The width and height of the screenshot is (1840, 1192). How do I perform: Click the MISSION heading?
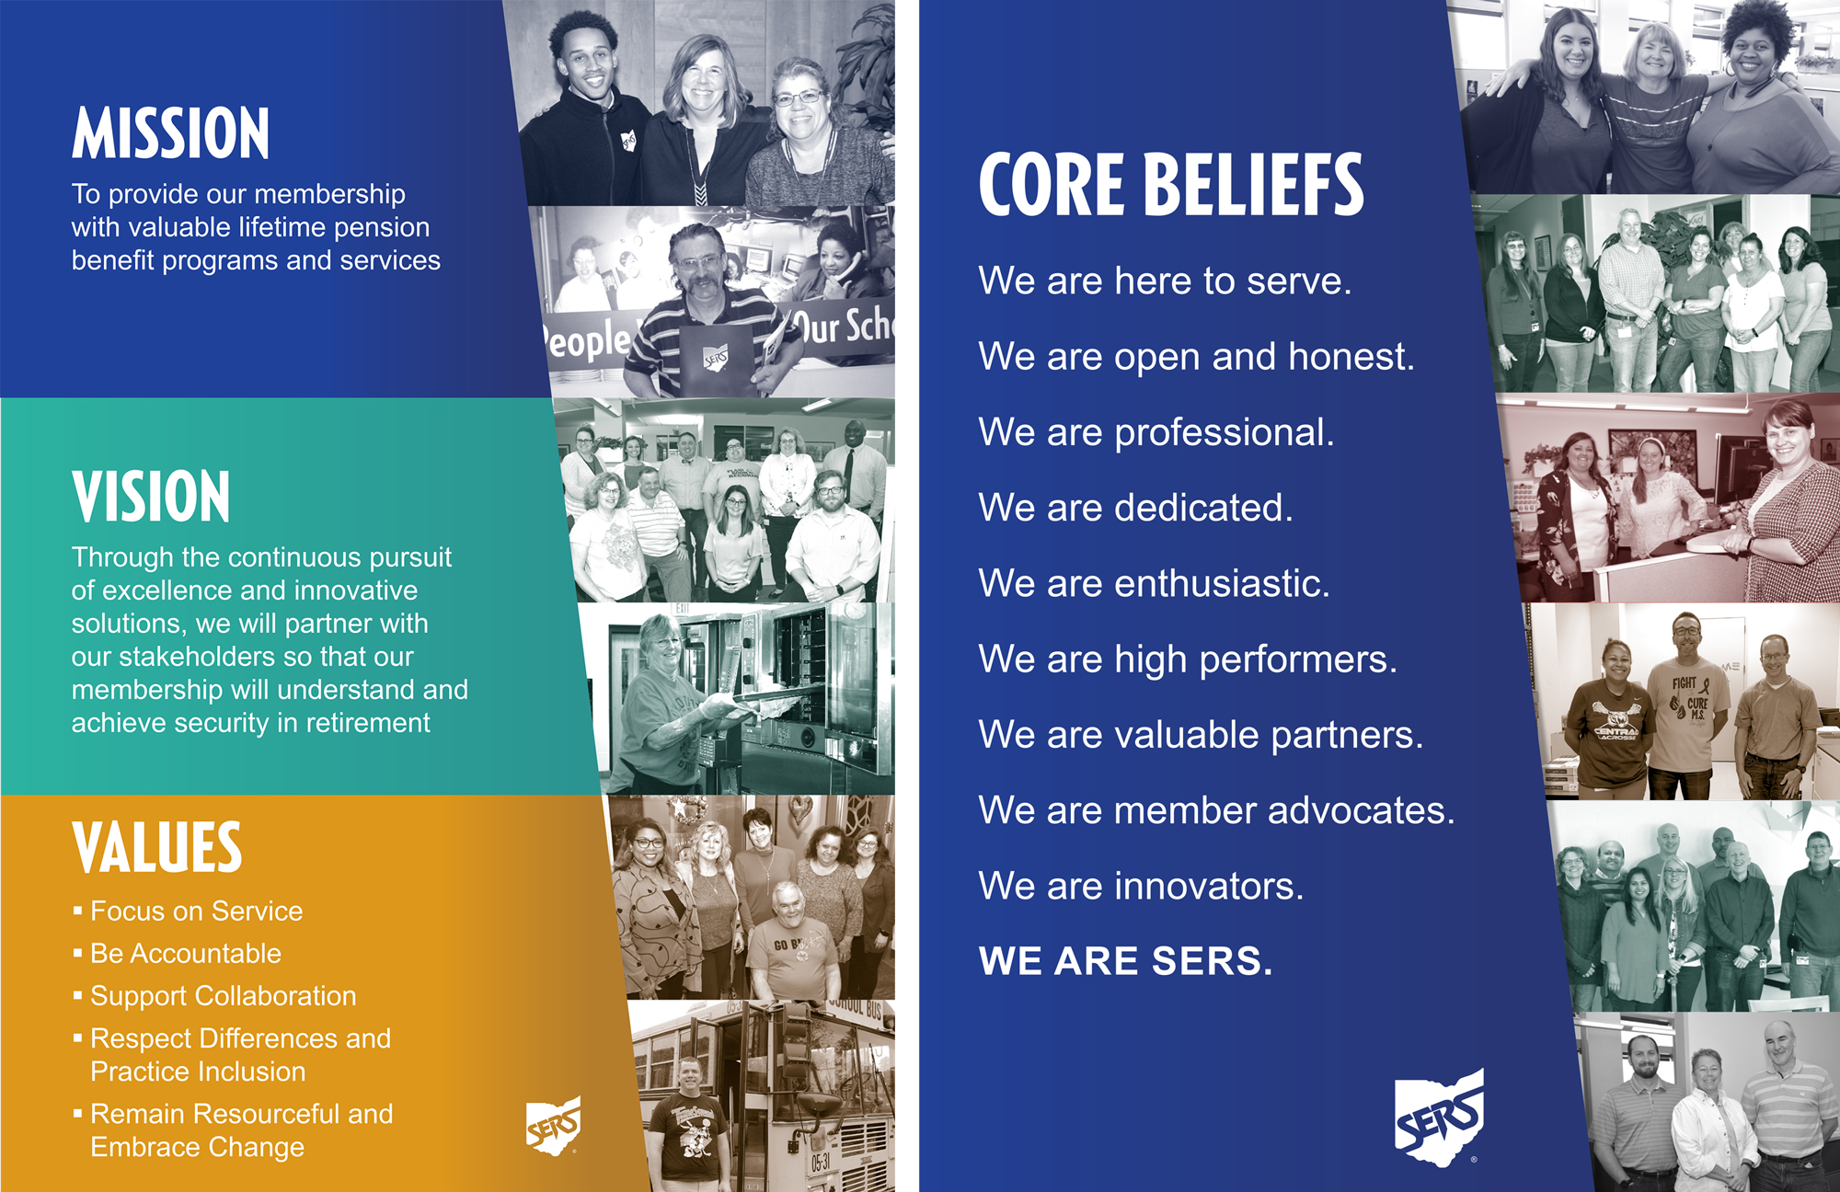171,133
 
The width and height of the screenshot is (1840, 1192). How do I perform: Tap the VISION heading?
151,497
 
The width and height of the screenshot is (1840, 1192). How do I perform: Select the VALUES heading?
157,847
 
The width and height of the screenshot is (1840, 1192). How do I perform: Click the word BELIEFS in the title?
1255,185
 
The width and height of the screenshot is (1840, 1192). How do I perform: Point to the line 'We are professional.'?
1156,432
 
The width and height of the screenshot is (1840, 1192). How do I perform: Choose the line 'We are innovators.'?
1141,886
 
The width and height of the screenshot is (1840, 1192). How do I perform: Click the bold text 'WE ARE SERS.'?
1126,961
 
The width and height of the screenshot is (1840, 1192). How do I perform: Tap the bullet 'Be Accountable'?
186,954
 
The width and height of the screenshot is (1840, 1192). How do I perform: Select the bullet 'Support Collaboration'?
224,996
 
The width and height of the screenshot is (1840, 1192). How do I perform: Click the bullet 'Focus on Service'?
197,911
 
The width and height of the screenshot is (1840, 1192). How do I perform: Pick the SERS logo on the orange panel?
554,1125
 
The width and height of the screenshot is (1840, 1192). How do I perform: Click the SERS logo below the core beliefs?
1440,1117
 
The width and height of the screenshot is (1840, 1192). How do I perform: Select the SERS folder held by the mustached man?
716,356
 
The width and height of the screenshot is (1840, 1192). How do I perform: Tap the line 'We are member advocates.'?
1217,810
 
